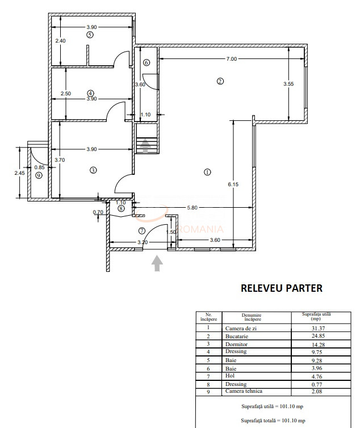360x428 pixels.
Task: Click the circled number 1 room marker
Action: pyautogui.click(x=207, y=172)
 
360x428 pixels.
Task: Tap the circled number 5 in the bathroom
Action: pyautogui.click(x=90, y=35)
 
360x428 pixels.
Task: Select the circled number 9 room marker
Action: pyautogui.click(x=39, y=175)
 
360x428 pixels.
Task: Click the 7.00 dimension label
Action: pyautogui.click(x=231, y=58)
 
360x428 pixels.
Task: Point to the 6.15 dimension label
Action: pyautogui.click(x=233, y=184)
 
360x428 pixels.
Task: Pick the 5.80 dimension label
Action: pyautogui.click(x=192, y=207)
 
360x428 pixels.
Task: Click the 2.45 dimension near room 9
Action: pyautogui.click(x=20, y=173)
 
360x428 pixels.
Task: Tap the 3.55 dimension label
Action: pyautogui.click(x=288, y=84)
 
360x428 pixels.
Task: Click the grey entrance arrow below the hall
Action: pyautogui.click(x=157, y=263)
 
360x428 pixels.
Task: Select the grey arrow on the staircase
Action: pyautogui.click(x=145, y=146)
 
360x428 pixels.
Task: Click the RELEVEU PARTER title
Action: pyautogui.click(x=282, y=288)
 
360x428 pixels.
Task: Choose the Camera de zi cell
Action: pyautogui.click(x=241, y=328)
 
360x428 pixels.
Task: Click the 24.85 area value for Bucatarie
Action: pyautogui.click(x=318, y=335)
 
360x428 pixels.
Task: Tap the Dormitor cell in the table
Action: pyautogui.click(x=236, y=344)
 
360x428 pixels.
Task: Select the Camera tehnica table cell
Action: pyautogui.click(x=244, y=391)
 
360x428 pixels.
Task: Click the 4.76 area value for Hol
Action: pyautogui.click(x=317, y=376)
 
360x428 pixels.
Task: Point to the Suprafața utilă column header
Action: pyautogui.click(x=316, y=316)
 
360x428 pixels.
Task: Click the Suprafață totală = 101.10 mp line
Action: pyautogui.click(x=273, y=421)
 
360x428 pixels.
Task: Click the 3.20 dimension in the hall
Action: pyautogui.click(x=143, y=242)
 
